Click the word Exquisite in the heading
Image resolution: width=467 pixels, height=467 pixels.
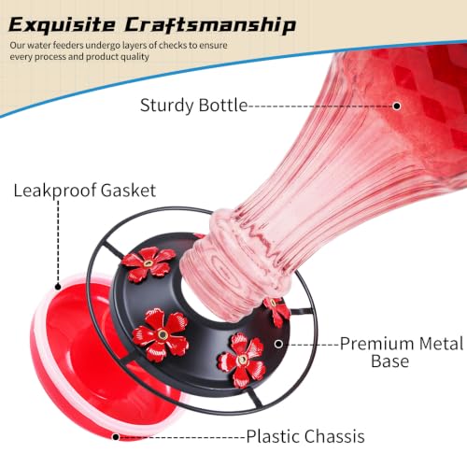click(x=62, y=25)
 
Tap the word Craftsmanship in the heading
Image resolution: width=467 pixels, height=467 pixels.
click(x=210, y=25)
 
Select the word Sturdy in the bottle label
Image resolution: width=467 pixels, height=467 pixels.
click(x=167, y=106)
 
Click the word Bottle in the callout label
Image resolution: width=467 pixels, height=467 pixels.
click(x=222, y=105)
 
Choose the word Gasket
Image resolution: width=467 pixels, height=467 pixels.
click(x=128, y=191)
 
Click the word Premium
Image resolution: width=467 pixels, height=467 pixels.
click(x=376, y=344)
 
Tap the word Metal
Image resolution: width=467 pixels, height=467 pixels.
click(x=441, y=344)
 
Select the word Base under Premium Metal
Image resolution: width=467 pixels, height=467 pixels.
click(x=389, y=361)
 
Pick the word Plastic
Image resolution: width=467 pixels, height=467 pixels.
click(x=273, y=436)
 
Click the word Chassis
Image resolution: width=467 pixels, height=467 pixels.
click(x=334, y=436)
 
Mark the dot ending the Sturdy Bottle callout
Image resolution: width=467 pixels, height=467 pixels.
click(x=397, y=106)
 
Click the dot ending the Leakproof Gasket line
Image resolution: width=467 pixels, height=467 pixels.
click(x=58, y=287)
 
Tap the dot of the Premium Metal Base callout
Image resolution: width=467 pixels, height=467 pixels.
click(x=278, y=344)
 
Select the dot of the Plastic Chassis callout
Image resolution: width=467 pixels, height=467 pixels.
click(x=116, y=437)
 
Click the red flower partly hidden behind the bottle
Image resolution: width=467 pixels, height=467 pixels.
click(x=277, y=311)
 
